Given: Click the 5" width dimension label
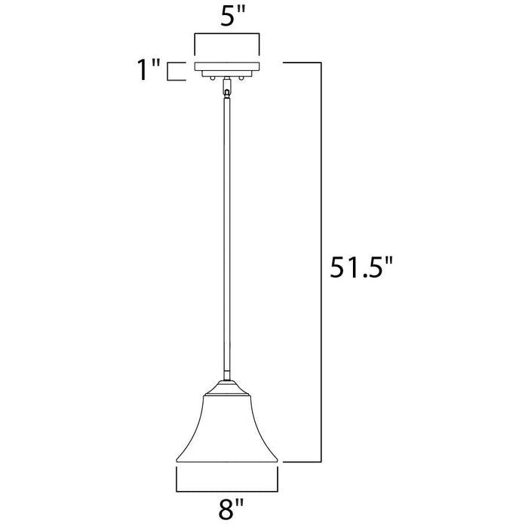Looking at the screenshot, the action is point(232,16).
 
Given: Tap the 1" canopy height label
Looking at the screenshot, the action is point(148,70).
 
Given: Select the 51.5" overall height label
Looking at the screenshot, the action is point(361,267).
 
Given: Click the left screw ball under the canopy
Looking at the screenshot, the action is point(212,78).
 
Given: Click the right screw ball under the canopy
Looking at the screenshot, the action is point(241,78).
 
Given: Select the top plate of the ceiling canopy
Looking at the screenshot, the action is point(227,66).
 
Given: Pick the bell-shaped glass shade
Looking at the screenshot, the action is point(227,428).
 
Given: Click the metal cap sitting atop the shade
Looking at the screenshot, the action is point(227,388).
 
